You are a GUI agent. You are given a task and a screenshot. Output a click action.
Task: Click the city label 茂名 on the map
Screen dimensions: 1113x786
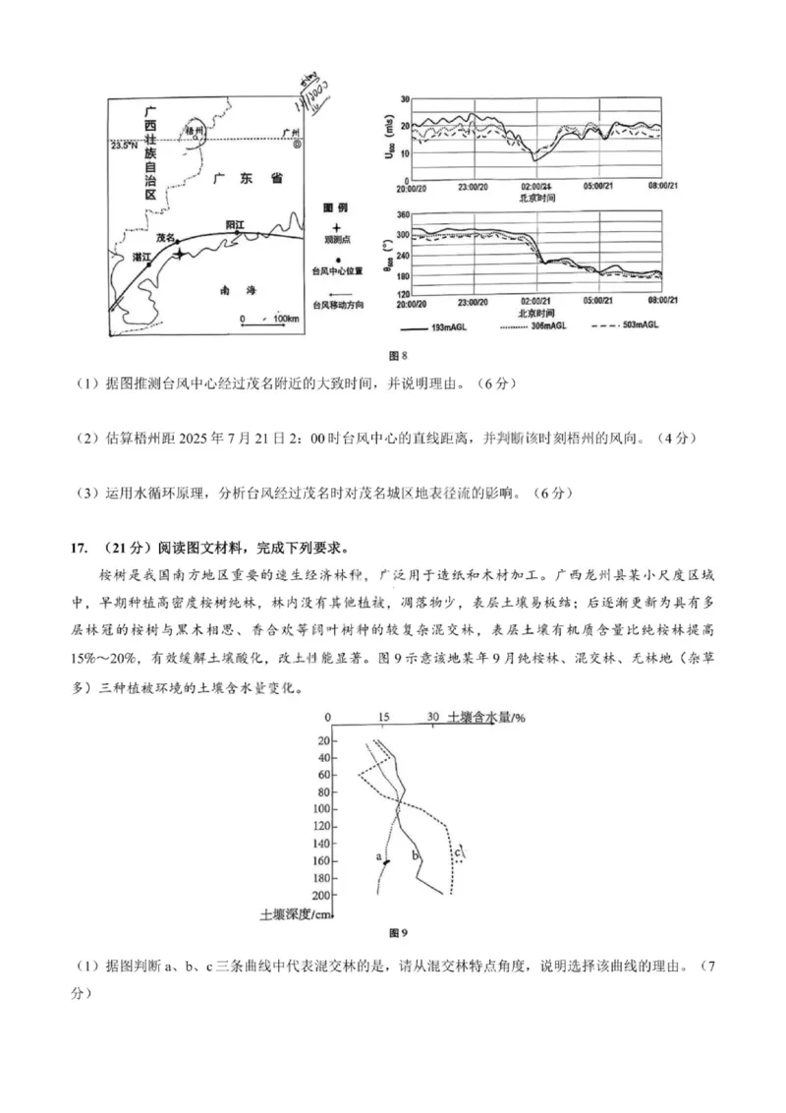164,238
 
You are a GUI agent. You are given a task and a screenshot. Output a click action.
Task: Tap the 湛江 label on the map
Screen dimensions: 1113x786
141,257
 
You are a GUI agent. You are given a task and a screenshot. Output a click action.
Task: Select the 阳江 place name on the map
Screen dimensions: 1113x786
236,224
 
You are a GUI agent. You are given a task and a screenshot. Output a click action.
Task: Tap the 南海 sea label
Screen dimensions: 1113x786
238,290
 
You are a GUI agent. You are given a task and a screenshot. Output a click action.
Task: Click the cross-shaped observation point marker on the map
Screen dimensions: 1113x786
179,255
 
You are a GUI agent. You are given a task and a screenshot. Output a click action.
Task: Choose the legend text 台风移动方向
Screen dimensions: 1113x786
337,306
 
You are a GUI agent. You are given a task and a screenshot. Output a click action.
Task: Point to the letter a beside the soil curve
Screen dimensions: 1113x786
378,856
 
